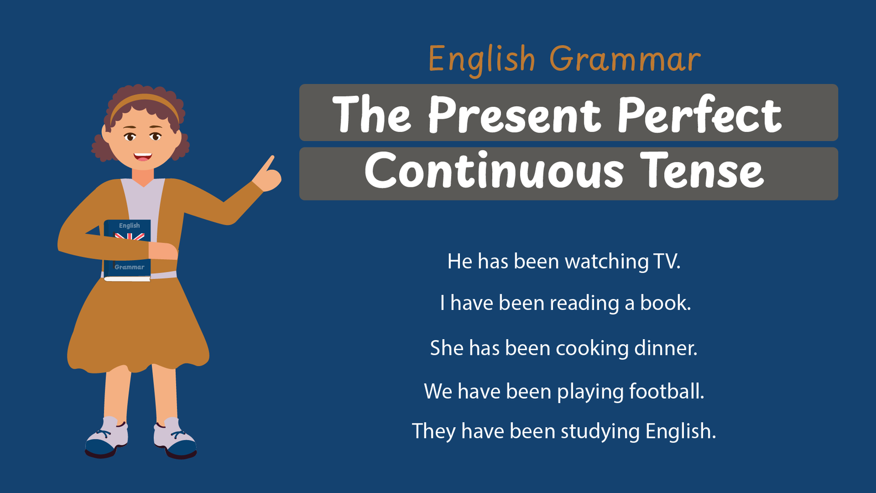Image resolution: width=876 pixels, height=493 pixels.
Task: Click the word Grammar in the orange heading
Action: coord(625,60)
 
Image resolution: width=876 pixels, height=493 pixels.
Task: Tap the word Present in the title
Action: coord(514,114)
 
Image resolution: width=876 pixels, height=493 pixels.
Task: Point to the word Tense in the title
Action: coord(702,170)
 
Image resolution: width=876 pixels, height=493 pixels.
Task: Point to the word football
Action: coord(664,391)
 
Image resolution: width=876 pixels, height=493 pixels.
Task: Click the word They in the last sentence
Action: coord(434,431)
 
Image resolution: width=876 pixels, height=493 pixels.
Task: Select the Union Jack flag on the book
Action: coord(129,236)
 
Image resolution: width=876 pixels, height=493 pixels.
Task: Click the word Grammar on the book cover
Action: coord(129,267)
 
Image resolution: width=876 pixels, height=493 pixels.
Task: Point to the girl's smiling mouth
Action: coord(142,157)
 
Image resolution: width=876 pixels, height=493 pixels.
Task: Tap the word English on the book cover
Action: coord(129,226)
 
